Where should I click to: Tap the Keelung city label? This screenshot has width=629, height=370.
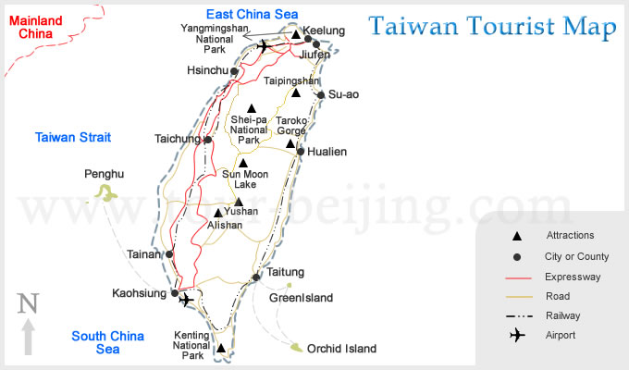click(324, 31)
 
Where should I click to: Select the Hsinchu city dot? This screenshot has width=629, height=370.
click(235, 71)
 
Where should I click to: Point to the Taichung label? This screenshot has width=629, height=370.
click(177, 140)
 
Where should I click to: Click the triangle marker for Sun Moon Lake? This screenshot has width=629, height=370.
click(243, 163)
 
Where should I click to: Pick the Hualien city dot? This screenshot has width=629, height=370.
click(301, 152)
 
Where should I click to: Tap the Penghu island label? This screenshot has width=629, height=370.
click(104, 174)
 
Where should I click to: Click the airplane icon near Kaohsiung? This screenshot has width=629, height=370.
click(187, 300)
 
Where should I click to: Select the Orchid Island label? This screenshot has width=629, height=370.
click(341, 349)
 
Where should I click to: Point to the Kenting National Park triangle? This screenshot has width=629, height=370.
click(220, 349)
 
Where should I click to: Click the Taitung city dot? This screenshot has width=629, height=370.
click(256, 277)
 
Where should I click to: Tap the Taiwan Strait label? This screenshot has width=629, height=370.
click(73, 138)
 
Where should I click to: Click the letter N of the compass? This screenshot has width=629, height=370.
click(29, 303)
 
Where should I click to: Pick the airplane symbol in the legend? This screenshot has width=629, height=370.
click(518, 335)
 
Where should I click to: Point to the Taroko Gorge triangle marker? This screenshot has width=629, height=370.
click(290, 143)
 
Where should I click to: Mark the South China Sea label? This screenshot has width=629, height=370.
click(108, 343)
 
